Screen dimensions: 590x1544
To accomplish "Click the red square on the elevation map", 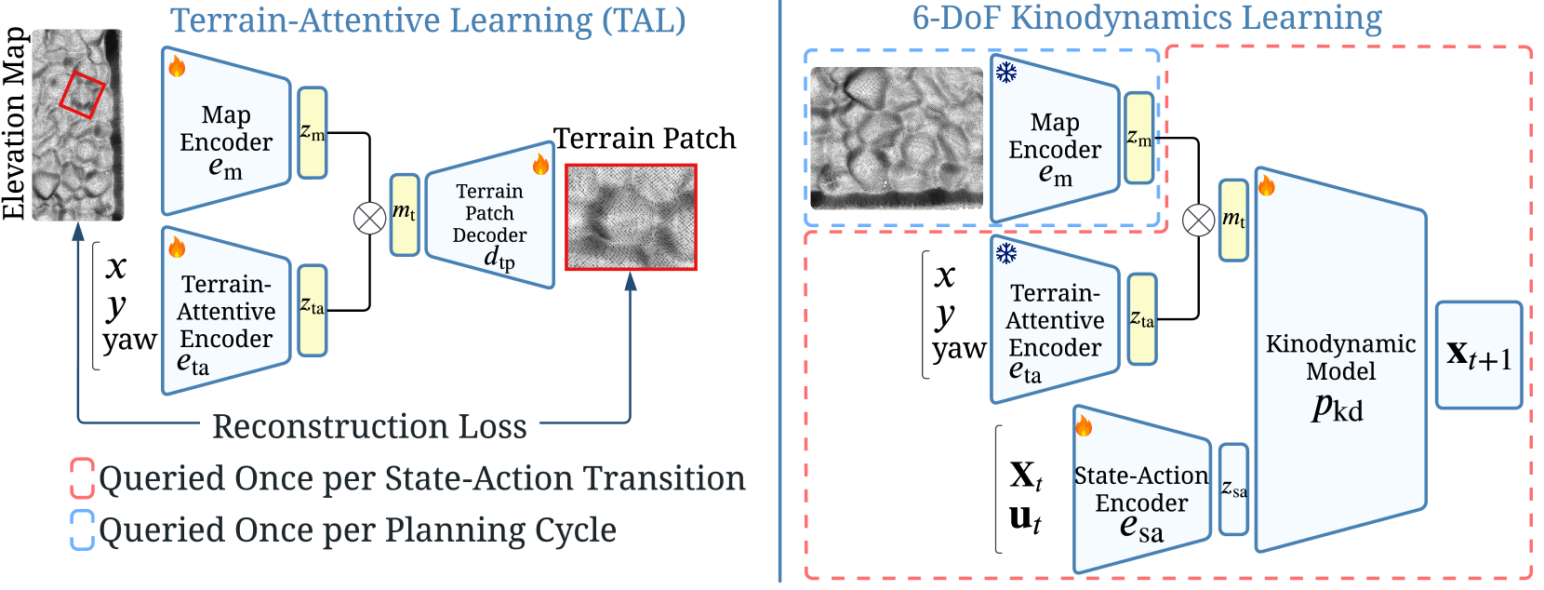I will click(83, 95).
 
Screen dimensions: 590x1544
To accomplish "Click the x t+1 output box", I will click(1478, 355).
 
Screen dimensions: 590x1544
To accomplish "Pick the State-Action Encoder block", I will click(1141, 493).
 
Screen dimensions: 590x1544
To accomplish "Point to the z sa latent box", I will click(1233, 489).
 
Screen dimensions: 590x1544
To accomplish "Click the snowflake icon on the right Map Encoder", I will click(1006, 73).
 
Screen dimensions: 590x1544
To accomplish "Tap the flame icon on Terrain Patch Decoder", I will click(540, 166).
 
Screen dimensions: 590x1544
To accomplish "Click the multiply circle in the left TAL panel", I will click(370, 219).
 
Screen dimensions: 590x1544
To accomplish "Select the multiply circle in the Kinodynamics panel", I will click(1198, 221).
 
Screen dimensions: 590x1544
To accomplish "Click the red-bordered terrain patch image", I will click(631, 218).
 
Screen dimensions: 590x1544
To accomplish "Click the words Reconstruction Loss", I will click(369, 426).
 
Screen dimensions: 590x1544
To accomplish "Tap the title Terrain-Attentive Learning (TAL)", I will click(428, 20).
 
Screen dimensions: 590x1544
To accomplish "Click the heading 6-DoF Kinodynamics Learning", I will click(1146, 18).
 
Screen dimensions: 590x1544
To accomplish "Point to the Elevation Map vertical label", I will click(14, 124).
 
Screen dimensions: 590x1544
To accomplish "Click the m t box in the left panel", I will click(404, 215).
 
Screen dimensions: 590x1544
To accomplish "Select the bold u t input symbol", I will click(1025, 518).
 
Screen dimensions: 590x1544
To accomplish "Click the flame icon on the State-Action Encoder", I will click(1084, 426).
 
